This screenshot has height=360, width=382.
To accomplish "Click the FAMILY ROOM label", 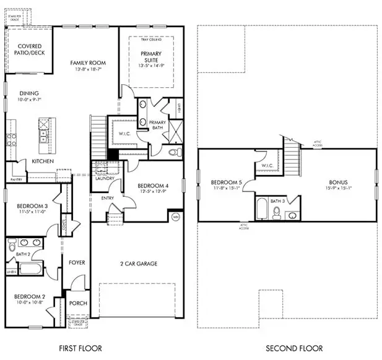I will click(87, 62).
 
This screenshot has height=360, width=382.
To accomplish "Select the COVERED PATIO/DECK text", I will click(29, 50).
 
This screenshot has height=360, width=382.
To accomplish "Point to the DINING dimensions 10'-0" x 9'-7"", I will click(28, 100).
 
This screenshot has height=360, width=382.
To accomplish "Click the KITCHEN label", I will click(43, 161).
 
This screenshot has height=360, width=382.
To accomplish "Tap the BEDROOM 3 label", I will click(29, 205).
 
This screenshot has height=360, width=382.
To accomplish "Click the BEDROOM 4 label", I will click(152, 186).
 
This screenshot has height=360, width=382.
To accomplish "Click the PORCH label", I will click(78, 303).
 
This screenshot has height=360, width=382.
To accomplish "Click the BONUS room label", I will click(338, 182).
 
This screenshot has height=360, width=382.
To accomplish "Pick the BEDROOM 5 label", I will click(226, 182).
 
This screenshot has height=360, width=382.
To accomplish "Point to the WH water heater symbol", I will click(175, 216).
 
